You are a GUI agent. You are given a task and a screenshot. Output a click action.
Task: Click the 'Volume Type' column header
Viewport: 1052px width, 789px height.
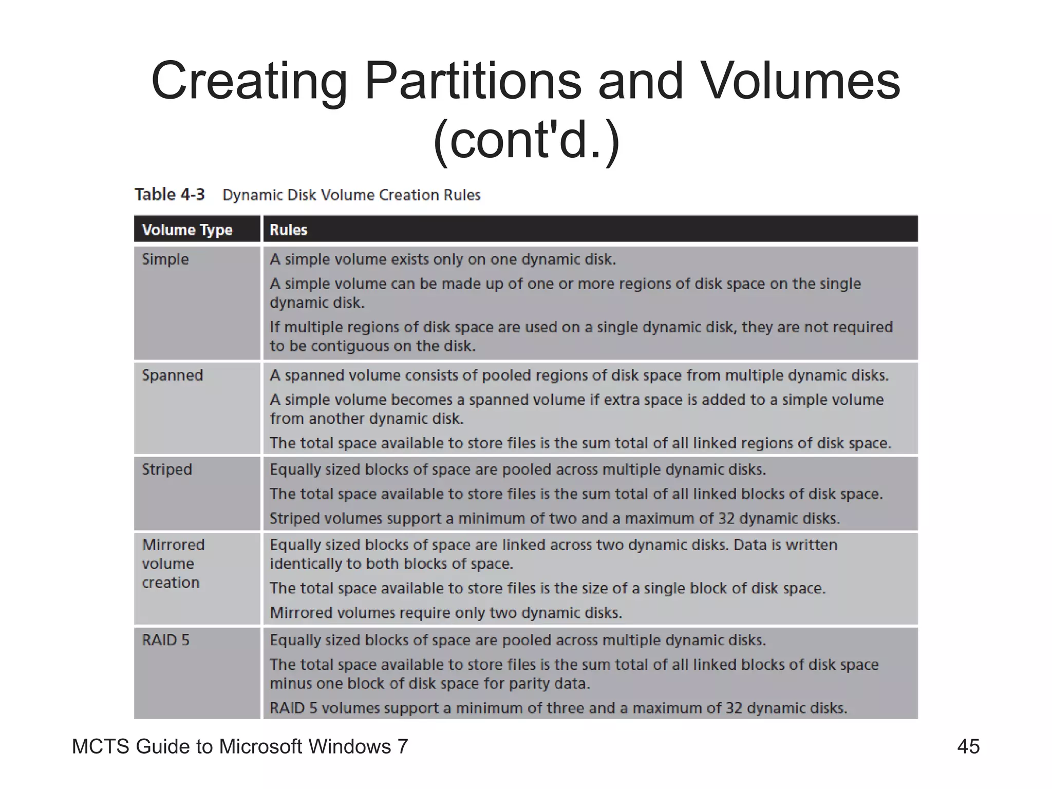tap(187, 230)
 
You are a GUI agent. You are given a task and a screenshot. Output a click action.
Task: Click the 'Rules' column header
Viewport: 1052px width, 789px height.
tap(288, 230)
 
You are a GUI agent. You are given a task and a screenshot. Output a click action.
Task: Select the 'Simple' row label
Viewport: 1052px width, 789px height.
tap(165, 259)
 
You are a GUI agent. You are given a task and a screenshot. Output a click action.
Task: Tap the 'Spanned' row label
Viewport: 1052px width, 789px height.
tap(173, 375)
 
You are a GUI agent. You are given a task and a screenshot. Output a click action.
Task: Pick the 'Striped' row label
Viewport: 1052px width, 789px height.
tap(167, 469)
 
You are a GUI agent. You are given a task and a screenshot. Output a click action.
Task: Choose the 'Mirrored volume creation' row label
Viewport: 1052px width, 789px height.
tap(173, 563)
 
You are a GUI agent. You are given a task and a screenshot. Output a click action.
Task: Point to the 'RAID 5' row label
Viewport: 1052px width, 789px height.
tap(165, 640)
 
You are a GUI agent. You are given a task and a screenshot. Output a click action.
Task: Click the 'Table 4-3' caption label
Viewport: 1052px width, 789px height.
tap(170, 195)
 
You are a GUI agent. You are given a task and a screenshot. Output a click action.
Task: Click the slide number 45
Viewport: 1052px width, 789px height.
tap(968, 746)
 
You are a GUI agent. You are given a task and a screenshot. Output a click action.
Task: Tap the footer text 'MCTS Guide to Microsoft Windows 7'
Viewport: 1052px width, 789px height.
tap(240, 746)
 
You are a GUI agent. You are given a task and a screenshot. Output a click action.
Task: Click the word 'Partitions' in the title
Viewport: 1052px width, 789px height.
tap(473, 81)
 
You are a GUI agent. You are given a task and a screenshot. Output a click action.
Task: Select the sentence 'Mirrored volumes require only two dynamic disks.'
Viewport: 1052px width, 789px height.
tap(446, 613)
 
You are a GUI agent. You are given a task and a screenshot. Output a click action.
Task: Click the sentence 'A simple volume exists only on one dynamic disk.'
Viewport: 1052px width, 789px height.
tap(443, 259)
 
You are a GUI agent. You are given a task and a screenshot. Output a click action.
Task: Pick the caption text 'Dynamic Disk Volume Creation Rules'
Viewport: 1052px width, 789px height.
tap(351, 195)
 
